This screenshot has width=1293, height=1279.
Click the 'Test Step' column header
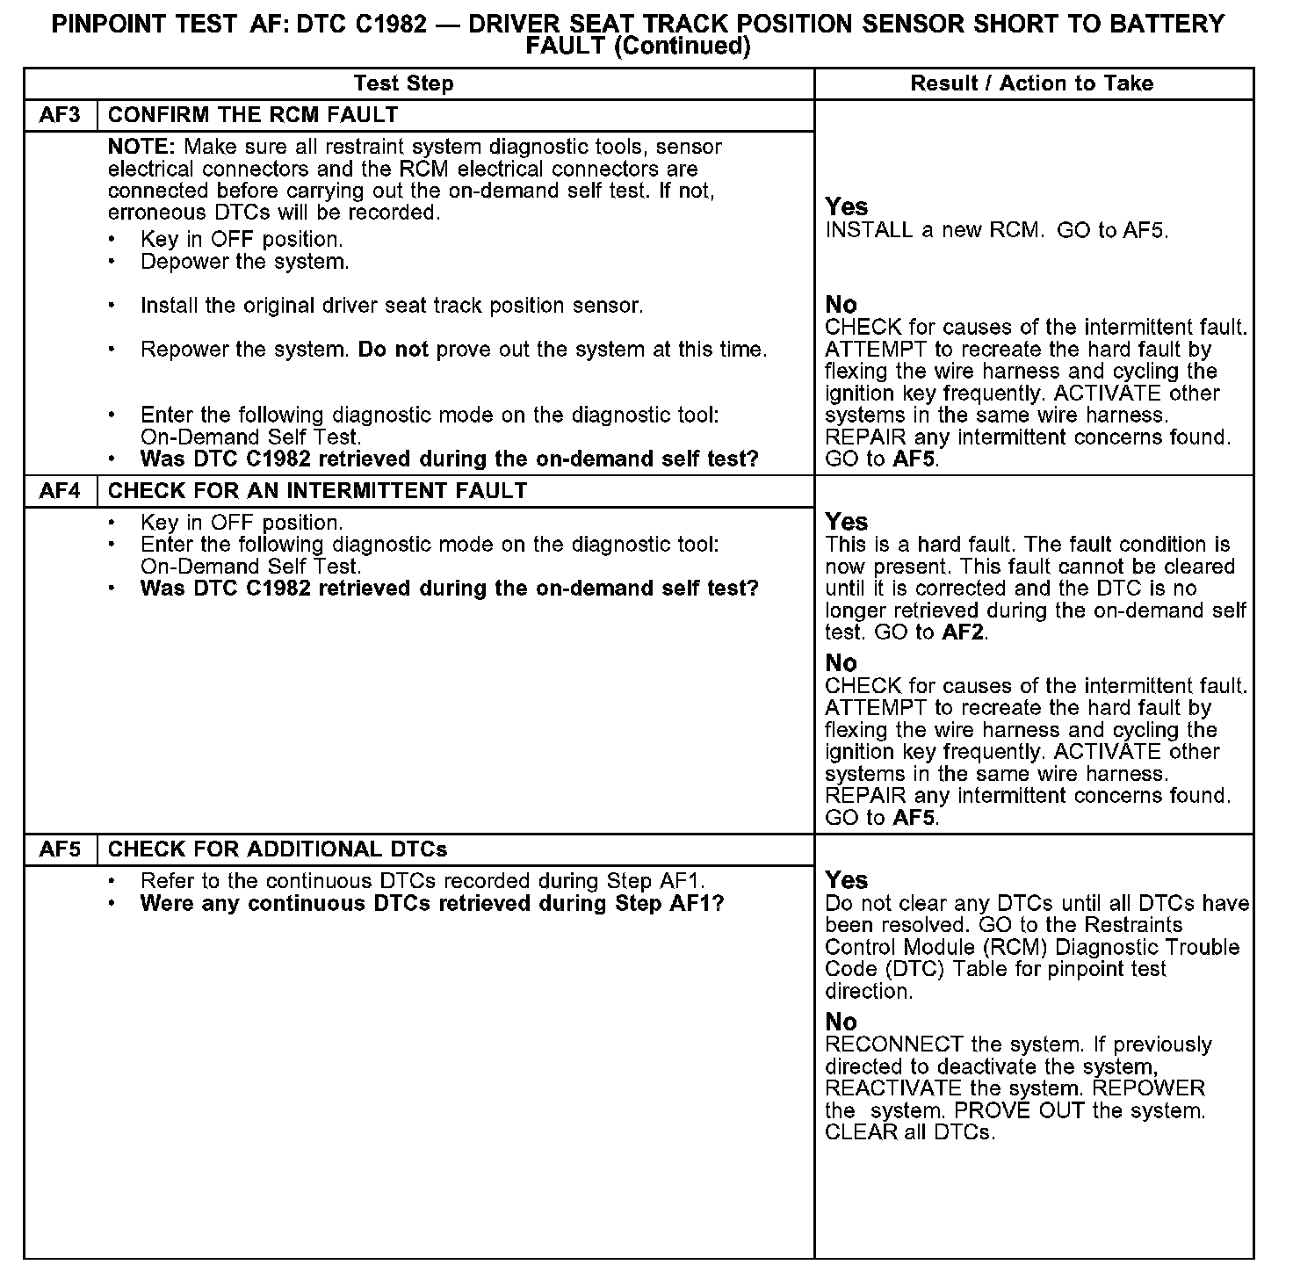click(x=403, y=83)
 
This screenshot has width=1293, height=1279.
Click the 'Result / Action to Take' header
click(x=1032, y=83)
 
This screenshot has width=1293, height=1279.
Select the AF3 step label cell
click(x=61, y=115)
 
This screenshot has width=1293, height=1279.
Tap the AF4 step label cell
click(x=61, y=491)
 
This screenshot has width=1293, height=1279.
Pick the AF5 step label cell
click(x=61, y=849)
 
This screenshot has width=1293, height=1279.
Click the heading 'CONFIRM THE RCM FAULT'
click(x=253, y=115)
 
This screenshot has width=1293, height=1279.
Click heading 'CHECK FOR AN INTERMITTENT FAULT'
click(x=317, y=491)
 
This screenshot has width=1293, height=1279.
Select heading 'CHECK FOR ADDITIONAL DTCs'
click(x=277, y=849)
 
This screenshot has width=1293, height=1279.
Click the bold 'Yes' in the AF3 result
click(x=847, y=207)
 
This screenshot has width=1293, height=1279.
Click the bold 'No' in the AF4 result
click(x=841, y=663)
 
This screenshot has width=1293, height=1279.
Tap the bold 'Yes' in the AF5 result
click(x=847, y=881)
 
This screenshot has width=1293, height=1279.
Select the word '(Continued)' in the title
click(x=683, y=47)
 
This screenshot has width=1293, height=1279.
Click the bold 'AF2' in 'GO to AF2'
click(x=963, y=632)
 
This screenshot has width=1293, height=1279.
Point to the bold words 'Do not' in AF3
click(x=393, y=350)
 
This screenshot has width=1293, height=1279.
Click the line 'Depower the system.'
click(x=244, y=262)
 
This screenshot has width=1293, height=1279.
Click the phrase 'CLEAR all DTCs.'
click(x=910, y=1133)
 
